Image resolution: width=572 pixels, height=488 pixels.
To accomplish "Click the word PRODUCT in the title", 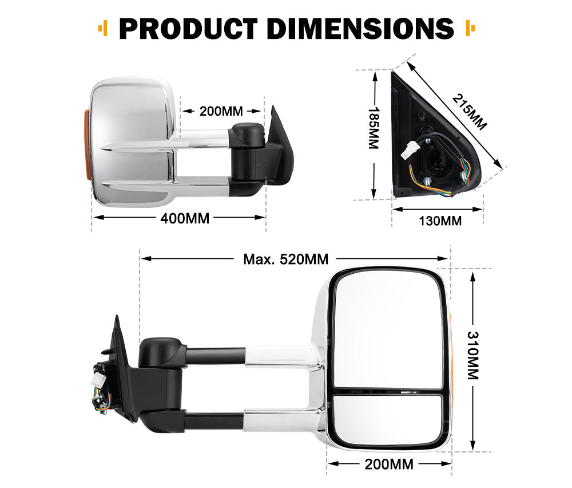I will coord(185,28).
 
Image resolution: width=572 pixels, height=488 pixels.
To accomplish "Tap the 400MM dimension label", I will coord(184,218).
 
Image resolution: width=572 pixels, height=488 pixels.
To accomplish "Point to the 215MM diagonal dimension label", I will coord(469,111).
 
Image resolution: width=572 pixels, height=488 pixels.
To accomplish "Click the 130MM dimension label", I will coord(440,220).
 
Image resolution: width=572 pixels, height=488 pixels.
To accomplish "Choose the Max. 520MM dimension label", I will coord(286,259).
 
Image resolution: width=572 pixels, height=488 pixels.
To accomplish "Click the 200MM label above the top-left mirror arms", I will coord(221,111).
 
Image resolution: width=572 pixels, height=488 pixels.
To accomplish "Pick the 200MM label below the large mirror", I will coord(389,464).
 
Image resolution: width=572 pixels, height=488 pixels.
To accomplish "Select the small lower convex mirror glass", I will coord(387,419).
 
